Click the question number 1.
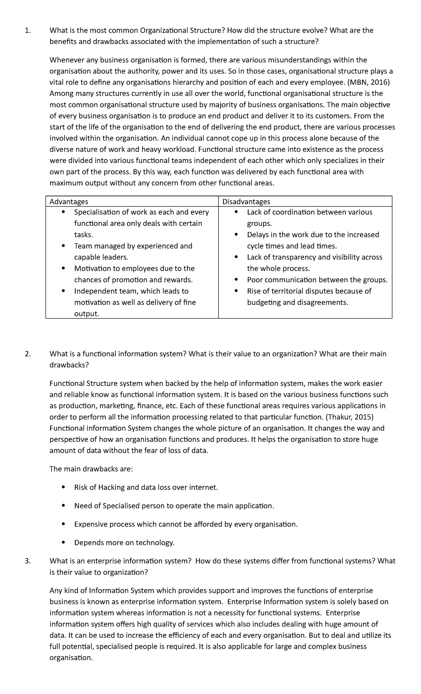pyautogui.click(x=28, y=31)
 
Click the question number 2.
pyautogui.click(x=28, y=354)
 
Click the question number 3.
pyautogui.click(x=28, y=561)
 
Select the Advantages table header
pyautogui.click(x=69, y=202)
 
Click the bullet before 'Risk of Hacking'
pyautogui.click(x=63, y=487)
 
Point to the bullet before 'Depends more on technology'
pyautogui.click(x=63, y=543)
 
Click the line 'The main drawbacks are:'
pyautogui.click(x=91, y=469)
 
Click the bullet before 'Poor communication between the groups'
pyautogui.click(x=236, y=280)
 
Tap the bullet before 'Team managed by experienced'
pyautogui.click(x=63, y=246)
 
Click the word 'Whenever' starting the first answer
pyautogui.click(x=66, y=60)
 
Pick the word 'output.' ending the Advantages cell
pyautogui.click(x=87, y=314)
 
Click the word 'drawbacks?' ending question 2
pyautogui.click(x=69, y=365)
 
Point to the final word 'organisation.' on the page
pyautogui.click(x=71, y=658)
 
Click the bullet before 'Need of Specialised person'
pyautogui.click(x=63, y=506)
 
